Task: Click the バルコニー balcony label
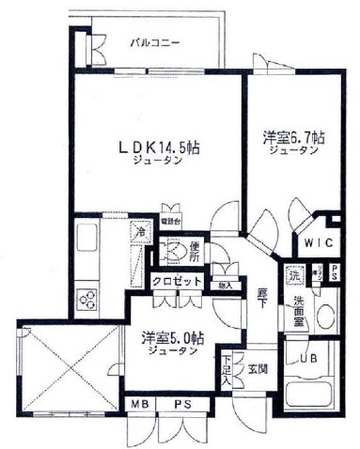pos(155,42)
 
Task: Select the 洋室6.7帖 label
pos(294,138)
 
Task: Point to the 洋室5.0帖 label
pos(170,336)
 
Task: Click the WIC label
pos(316,241)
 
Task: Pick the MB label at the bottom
pos(139,405)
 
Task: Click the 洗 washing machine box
pos(294,277)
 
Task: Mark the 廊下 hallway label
pos(263,300)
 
